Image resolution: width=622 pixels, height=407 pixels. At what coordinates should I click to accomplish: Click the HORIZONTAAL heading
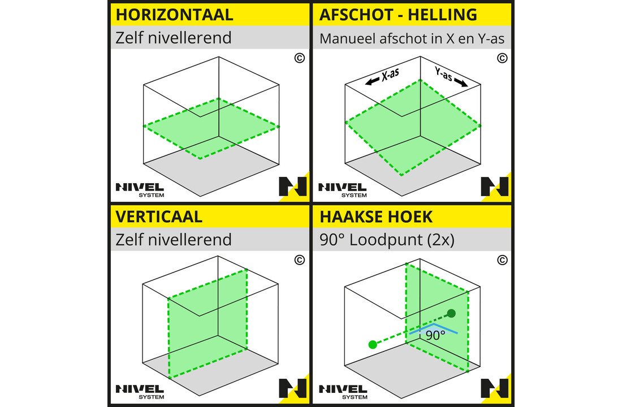pos(174,15)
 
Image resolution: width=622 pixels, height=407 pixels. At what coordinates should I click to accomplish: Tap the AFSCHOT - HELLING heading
pos(398,15)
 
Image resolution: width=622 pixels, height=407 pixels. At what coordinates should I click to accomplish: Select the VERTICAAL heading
pos(159,217)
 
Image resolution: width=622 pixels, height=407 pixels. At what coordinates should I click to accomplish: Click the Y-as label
pos(443,73)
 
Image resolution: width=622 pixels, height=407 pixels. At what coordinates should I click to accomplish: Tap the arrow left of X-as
pos(372,83)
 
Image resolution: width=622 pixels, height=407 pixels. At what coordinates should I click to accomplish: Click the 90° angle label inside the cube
pos(435,335)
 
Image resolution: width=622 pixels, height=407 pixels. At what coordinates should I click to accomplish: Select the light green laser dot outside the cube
pos(372,344)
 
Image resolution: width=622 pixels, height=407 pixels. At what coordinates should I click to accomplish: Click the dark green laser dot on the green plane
pos(451,313)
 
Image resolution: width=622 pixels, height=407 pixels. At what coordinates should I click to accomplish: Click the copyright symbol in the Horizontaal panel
pos(299,58)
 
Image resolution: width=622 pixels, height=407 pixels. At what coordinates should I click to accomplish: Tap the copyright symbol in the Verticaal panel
pos(299,260)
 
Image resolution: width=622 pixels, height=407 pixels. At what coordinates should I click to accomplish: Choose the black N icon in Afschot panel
pos(495,187)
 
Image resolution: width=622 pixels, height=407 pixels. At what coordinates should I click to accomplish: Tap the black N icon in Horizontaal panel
pos(292,187)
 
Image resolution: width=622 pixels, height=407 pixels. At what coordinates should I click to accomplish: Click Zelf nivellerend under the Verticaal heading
pos(174,240)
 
